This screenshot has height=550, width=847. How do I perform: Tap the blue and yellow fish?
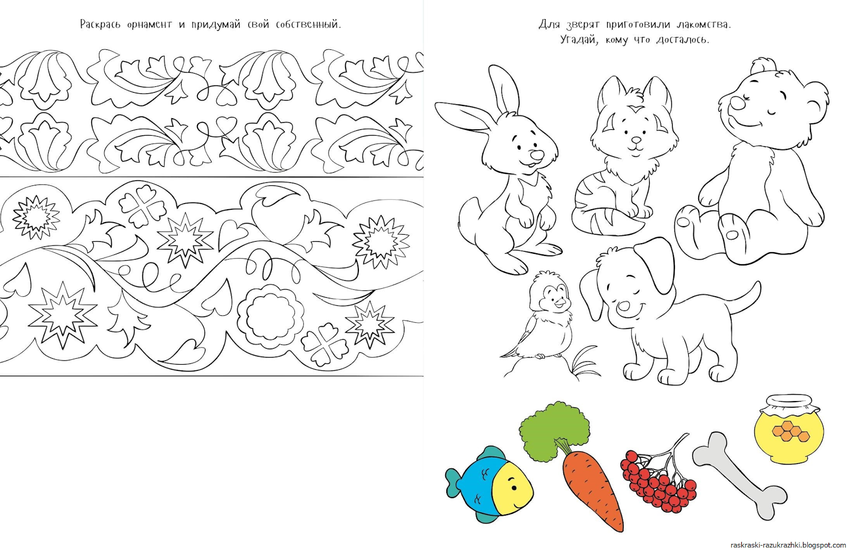[489, 484]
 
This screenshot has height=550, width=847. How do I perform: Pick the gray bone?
[739, 476]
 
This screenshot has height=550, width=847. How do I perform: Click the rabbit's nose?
[537, 155]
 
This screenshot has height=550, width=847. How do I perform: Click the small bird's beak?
[560, 303]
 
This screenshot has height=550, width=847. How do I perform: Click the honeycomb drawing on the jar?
[787, 431]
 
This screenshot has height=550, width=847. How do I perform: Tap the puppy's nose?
[624, 307]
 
